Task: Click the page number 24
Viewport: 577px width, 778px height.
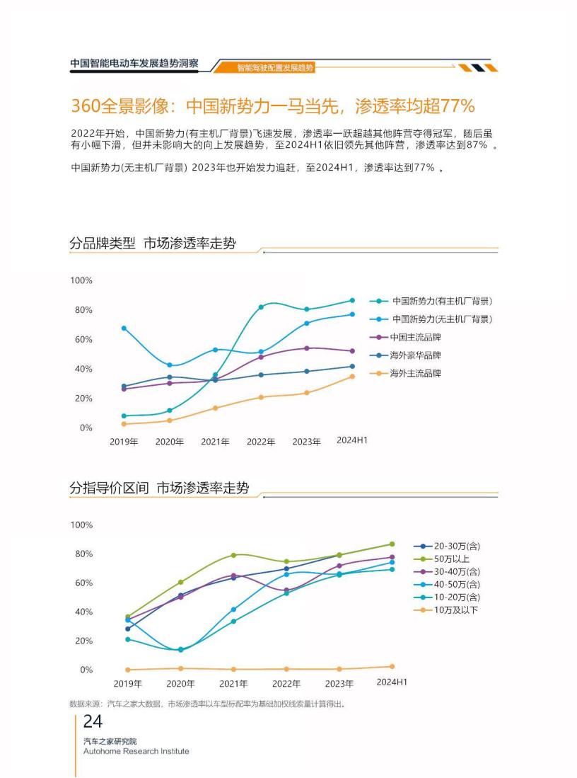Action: [x=93, y=721]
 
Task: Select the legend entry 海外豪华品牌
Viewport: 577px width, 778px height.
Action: [x=414, y=355]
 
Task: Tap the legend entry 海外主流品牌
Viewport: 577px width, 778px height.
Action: [x=414, y=373]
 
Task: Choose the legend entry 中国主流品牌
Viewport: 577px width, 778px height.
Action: [x=414, y=337]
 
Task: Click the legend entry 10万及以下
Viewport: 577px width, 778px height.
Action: [x=455, y=610]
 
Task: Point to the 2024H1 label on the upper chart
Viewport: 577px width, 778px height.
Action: [x=352, y=440]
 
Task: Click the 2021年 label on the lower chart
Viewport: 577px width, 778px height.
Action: [x=233, y=684]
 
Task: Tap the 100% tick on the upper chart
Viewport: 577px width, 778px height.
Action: [x=81, y=281]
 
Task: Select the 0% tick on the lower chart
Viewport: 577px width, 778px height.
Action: [x=86, y=670]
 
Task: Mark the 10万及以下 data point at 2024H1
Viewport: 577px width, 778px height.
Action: [x=392, y=666]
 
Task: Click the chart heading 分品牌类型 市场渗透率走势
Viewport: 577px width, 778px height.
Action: [x=153, y=244]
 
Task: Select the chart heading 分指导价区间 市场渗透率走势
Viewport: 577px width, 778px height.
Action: [x=159, y=488]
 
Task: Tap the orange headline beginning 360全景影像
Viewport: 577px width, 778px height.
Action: [x=272, y=106]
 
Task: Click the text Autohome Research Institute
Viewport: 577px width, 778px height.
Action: [x=136, y=751]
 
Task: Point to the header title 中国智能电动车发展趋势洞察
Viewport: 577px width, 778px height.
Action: [x=134, y=63]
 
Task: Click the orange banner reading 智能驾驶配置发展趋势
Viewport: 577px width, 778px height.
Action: [x=275, y=68]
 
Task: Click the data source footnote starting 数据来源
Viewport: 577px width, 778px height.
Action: [x=207, y=704]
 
